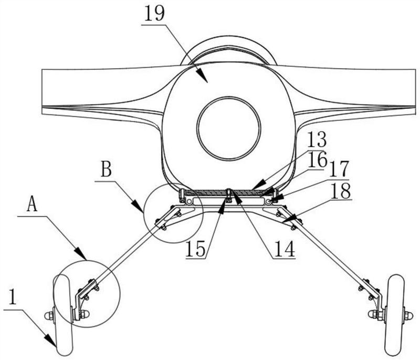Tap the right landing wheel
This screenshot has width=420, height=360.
tap(395, 315)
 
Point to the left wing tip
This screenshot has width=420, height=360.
tap(43, 89)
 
